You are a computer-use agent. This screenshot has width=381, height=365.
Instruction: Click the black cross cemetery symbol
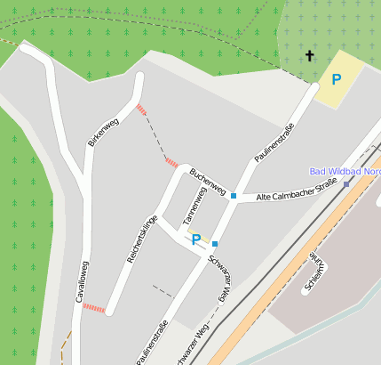[x=310, y=56]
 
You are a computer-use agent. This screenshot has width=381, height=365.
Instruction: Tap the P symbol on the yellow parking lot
[x=337, y=79]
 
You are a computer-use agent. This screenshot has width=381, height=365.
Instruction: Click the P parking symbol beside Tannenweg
[x=196, y=239]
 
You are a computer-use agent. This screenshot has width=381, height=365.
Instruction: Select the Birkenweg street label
[x=103, y=131]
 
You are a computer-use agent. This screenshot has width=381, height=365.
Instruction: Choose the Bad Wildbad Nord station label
[x=345, y=171]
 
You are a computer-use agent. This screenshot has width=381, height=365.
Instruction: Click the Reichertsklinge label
[x=142, y=240]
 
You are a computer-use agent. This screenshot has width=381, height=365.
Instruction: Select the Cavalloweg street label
[x=81, y=282]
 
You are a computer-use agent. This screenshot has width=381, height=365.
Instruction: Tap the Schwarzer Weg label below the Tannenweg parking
[x=218, y=277]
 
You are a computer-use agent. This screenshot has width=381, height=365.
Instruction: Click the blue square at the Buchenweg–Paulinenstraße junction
[x=234, y=196]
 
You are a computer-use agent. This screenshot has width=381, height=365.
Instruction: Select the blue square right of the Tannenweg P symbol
[x=215, y=243]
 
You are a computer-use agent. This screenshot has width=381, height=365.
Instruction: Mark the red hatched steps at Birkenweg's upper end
[x=142, y=109]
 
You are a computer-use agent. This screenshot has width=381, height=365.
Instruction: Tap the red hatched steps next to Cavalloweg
[x=94, y=309]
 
